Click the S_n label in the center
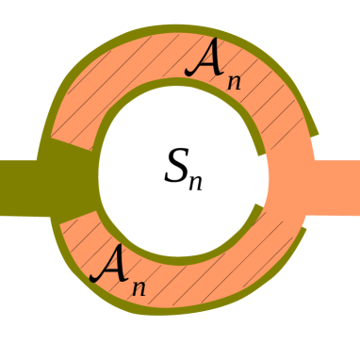(182, 171)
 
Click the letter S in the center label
(176, 167)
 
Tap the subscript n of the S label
(195, 181)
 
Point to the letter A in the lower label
(107, 263)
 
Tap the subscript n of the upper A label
(233, 80)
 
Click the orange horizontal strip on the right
(335, 187)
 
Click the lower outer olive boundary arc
(188, 308)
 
